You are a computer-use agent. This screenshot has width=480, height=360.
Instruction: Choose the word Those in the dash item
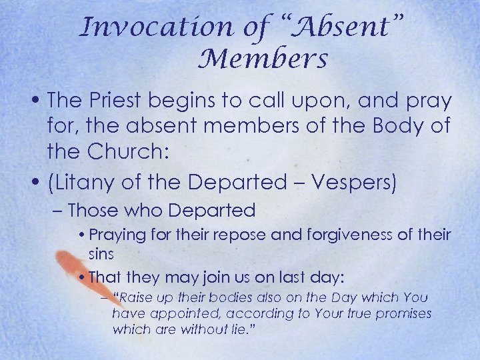92,211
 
